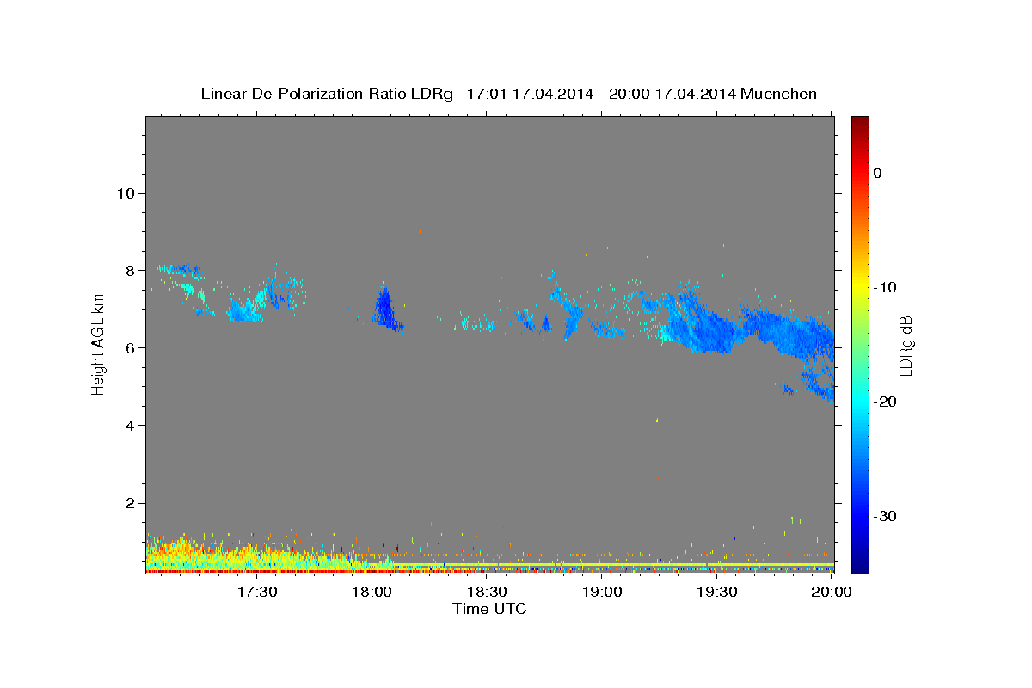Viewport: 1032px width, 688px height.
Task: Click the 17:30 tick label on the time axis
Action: pos(257,592)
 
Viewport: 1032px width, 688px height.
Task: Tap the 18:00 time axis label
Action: pos(372,592)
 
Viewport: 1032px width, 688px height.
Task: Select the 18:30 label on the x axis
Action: pos(487,592)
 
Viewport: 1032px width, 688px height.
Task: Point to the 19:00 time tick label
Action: pos(602,592)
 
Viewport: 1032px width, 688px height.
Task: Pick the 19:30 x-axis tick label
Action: pos(717,592)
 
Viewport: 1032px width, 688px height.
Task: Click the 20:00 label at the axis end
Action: pos(832,592)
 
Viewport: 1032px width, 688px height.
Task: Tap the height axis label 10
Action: pos(126,193)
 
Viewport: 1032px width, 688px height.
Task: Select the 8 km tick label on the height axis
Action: pos(131,271)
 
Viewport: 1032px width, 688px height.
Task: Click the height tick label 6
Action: pos(131,348)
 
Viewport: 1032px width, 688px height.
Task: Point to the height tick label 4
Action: pos(131,426)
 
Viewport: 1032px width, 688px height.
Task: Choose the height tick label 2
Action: pos(131,503)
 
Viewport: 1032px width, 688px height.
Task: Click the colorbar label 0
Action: pos(878,173)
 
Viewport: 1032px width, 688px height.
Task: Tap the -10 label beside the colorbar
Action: pos(885,287)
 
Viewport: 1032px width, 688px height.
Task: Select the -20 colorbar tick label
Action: pos(885,402)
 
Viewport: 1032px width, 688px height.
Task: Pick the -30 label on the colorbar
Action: pos(885,516)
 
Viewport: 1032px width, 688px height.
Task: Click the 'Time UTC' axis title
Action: pos(489,609)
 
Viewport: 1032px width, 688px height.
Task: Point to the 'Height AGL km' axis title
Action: pos(98,345)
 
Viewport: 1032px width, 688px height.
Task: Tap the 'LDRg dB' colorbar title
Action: pos(906,346)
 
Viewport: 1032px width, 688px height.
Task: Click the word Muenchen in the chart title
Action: pos(778,94)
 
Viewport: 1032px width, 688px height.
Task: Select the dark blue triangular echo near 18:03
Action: pos(385,309)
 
